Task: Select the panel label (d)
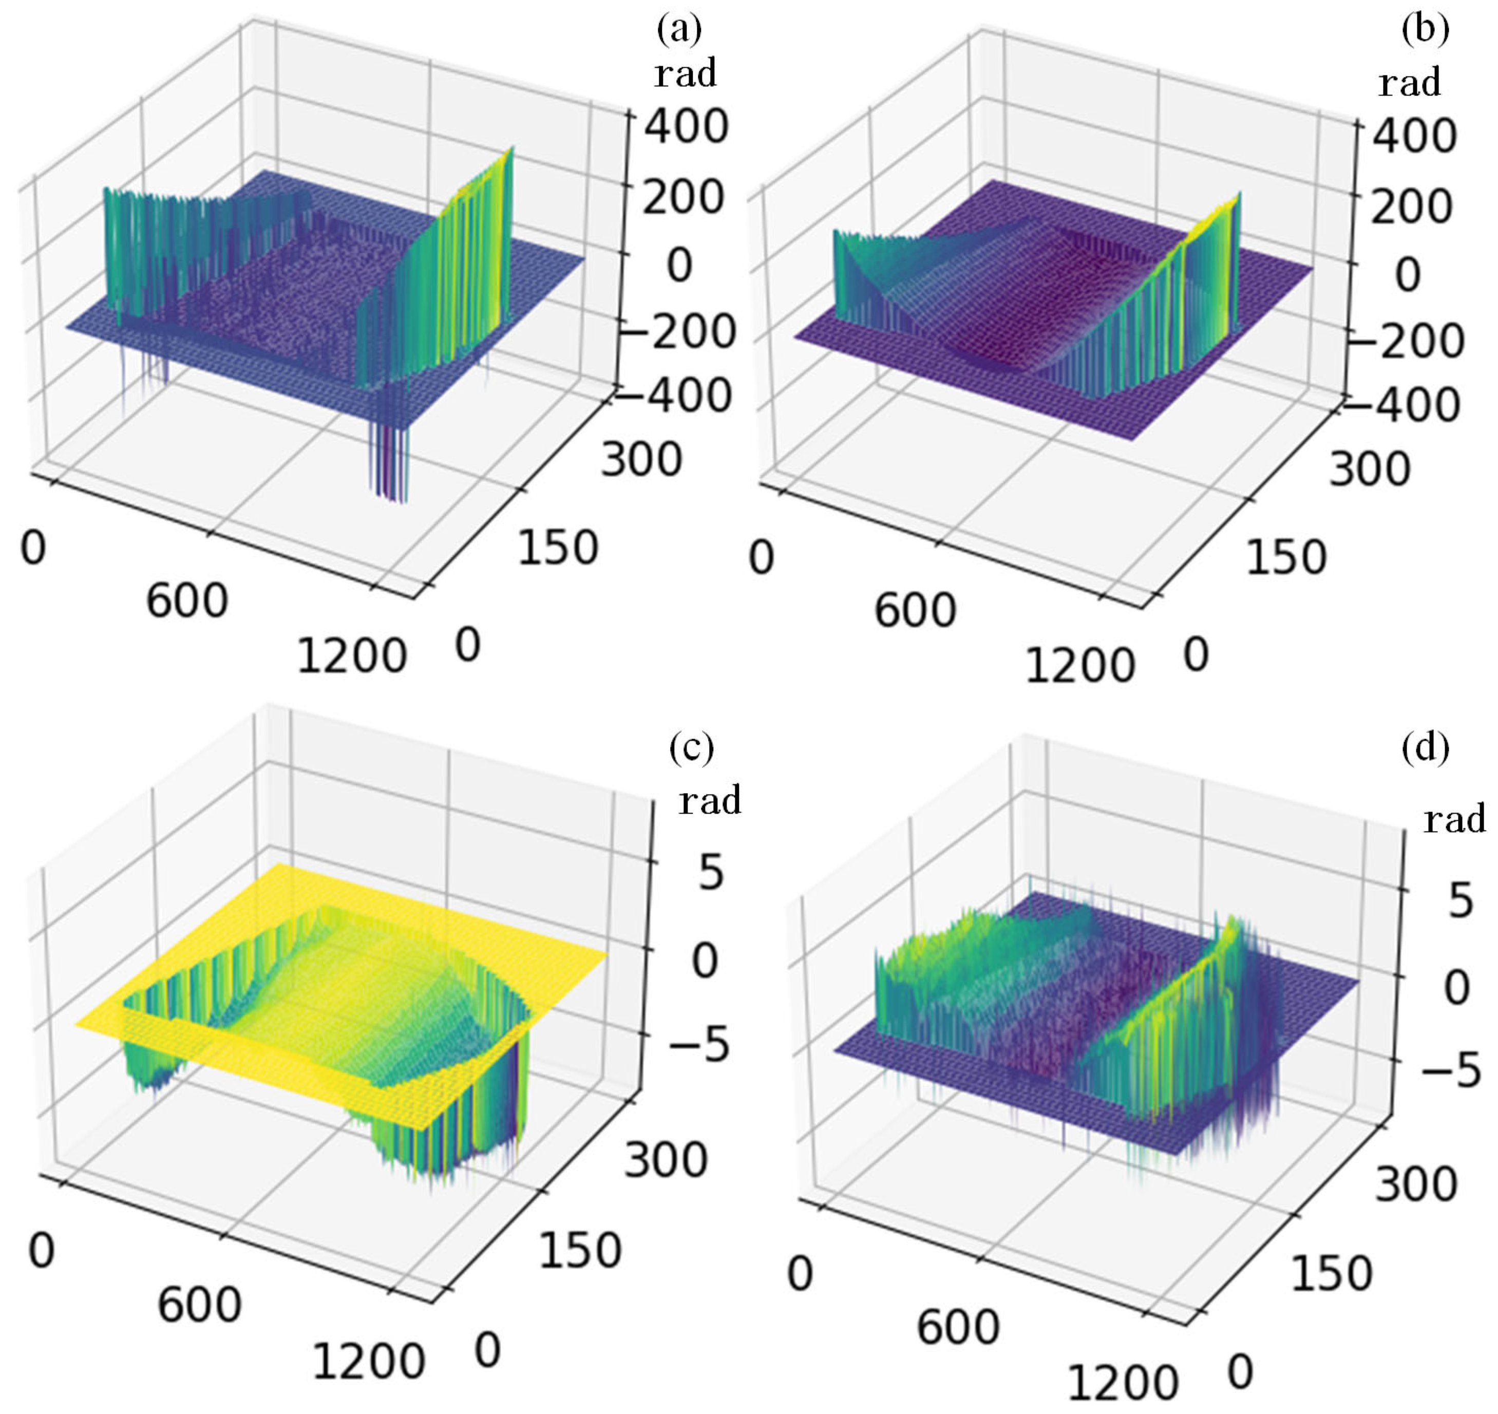click(x=1425, y=748)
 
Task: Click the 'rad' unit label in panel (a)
click(x=685, y=74)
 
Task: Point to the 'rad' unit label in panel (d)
click(x=1454, y=819)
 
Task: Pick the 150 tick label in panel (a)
click(x=557, y=548)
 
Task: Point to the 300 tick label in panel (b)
click(x=1369, y=469)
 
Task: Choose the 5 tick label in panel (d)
click(x=1459, y=901)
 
